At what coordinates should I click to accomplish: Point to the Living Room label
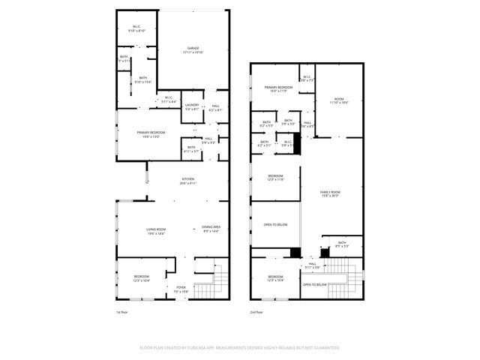155,232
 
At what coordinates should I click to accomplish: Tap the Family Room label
330,194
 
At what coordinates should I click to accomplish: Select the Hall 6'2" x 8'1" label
215,109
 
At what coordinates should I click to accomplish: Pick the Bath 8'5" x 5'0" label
342,244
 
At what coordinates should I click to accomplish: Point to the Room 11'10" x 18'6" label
339,100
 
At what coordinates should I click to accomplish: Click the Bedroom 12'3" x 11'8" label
276,178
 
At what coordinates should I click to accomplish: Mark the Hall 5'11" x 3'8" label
312,265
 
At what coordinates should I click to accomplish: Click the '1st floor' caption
123,311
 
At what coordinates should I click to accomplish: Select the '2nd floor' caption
256,311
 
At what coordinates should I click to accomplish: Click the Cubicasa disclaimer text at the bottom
240,348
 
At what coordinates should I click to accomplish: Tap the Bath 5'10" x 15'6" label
142,79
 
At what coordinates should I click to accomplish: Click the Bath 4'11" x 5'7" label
191,149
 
